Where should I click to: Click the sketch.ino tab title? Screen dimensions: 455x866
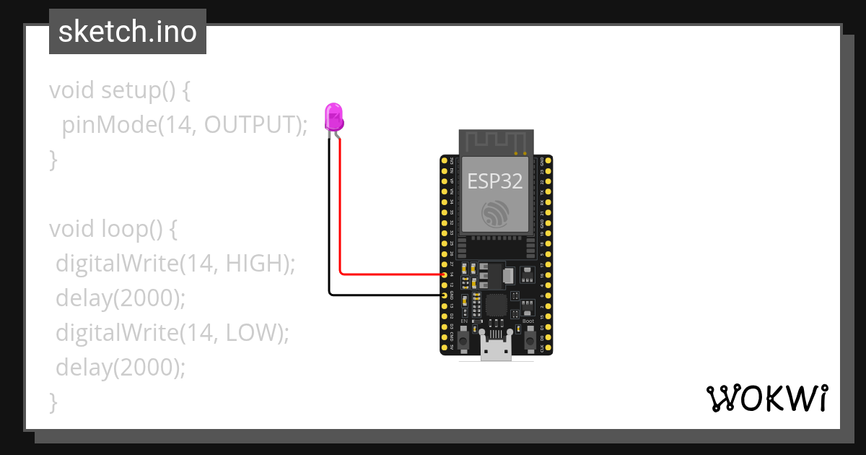127,32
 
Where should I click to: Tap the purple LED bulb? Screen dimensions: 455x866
333,116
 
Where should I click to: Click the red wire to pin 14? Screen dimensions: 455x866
390,274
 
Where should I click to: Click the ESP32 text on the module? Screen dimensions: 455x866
495,181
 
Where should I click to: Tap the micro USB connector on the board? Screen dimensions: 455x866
496,350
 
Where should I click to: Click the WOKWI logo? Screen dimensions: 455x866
767,398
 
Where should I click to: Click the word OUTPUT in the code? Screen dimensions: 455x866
251,125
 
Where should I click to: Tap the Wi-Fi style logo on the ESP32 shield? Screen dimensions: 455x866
496,212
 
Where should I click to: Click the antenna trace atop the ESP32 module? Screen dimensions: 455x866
496,142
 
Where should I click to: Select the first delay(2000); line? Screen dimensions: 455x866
121,298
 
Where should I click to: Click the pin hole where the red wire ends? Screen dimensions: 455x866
445,275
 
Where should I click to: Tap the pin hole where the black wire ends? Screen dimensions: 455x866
445,295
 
